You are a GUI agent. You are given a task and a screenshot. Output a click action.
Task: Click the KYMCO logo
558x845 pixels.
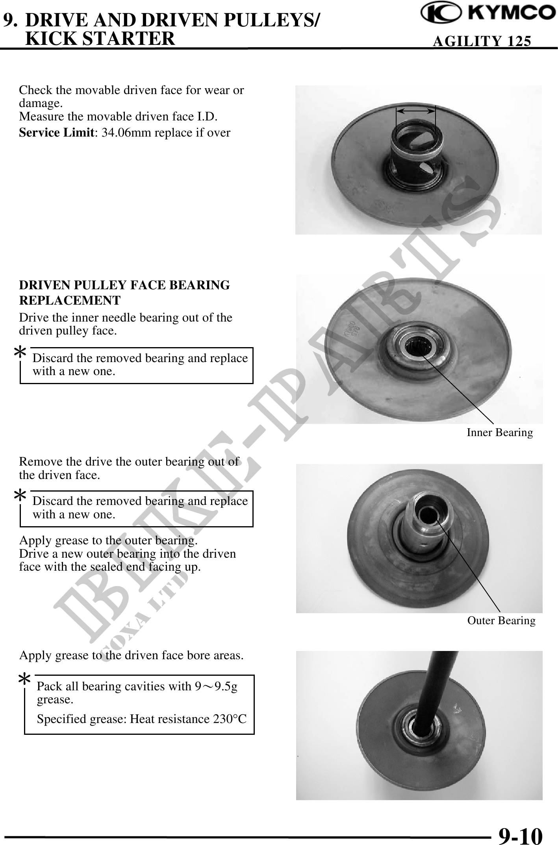pos(488,13)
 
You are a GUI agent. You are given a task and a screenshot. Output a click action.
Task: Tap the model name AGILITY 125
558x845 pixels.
pos(482,41)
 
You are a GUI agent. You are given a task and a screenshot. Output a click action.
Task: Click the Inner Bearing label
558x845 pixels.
pos(500,433)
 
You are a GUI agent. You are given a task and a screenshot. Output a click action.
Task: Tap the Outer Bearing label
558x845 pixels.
pos(501,621)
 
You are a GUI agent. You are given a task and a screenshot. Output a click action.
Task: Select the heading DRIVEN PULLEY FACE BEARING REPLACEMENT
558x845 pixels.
pos(124,293)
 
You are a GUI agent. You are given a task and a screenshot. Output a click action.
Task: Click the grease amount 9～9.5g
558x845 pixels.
pos(216,686)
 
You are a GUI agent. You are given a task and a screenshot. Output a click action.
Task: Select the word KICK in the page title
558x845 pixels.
pos(50,38)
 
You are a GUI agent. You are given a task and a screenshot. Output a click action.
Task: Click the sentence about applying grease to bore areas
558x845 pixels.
pos(132,655)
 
